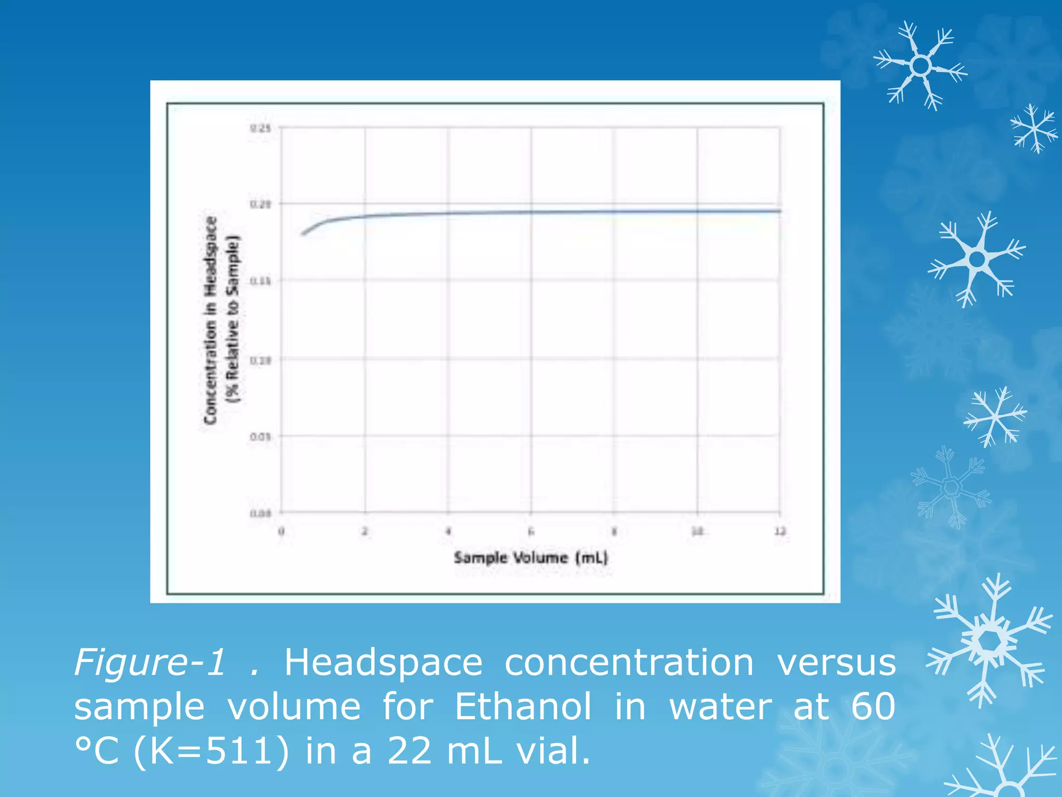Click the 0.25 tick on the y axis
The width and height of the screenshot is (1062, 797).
point(260,128)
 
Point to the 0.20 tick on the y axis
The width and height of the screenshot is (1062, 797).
point(260,204)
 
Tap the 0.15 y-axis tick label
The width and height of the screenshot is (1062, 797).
point(260,281)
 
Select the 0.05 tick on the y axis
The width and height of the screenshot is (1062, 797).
point(260,437)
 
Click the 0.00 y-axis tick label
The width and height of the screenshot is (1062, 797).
point(260,514)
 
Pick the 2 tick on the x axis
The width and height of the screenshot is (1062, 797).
point(365,531)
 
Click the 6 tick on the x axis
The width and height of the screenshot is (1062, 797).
point(531,531)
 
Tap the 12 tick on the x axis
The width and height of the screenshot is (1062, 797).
point(780,531)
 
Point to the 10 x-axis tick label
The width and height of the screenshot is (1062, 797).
point(697,531)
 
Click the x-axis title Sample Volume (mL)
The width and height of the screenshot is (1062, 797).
point(530,558)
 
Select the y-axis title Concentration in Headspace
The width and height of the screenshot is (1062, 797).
point(211,320)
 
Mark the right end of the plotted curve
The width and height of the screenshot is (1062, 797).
point(780,211)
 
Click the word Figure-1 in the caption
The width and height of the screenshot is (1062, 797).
point(150,663)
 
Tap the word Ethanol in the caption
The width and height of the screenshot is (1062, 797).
point(523,707)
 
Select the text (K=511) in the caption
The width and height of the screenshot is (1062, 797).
point(211,751)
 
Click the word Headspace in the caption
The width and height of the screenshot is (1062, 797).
point(383,663)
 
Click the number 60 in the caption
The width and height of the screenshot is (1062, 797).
point(873,707)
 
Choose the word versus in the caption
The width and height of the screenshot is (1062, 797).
point(836,663)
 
